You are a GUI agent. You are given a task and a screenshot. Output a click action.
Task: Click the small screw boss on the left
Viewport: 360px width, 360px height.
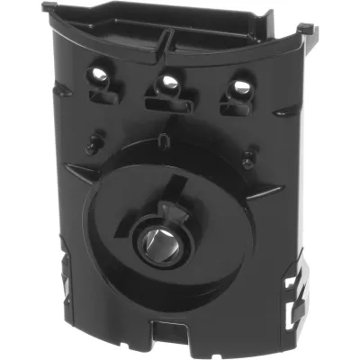tap(91, 141)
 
